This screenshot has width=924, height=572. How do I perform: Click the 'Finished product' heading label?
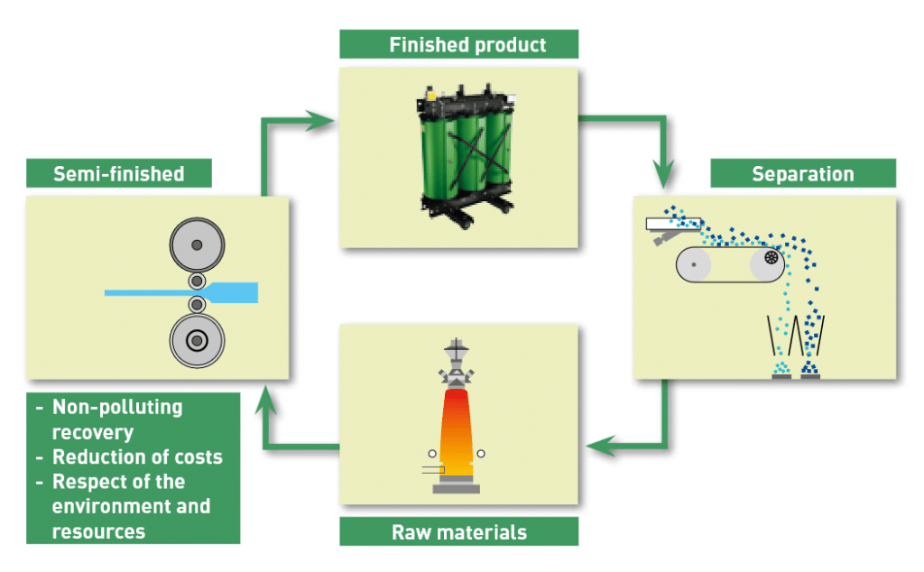tap(458, 44)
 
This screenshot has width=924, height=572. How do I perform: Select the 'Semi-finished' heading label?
tap(118, 173)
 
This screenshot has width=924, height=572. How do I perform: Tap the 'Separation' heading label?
tap(802, 173)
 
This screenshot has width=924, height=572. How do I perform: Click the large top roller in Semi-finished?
tap(196, 244)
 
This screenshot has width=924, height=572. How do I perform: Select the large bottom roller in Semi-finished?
tap(196, 340)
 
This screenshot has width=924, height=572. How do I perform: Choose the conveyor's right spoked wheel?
tap(772, 258)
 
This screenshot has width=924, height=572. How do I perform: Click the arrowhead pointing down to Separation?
tap(666, 170)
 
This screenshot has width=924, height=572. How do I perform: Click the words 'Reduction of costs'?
tap(136, 457)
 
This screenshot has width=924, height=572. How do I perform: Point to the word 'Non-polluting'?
tap(117, 407)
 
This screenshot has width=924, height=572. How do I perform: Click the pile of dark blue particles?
tap(809, 369)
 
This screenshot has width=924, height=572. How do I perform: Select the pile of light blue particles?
tap(782, 369)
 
